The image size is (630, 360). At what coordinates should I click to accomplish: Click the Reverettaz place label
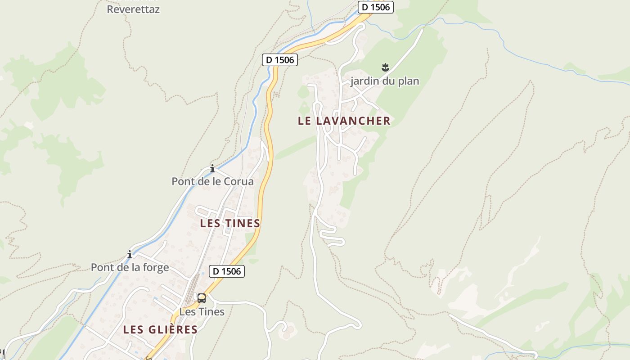133,9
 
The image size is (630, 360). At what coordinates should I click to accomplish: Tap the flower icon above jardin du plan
385,68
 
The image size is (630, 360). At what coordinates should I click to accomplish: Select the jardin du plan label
385,81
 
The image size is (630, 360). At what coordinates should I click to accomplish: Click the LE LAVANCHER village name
344,121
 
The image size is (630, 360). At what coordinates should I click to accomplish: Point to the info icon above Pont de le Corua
212,169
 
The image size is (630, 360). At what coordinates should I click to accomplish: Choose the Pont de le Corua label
212,181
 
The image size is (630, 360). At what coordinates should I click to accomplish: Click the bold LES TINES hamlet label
230,223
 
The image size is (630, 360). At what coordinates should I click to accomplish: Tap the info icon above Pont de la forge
130,254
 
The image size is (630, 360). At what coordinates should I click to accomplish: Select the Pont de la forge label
130,267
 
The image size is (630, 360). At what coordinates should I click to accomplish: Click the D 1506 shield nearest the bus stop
227,271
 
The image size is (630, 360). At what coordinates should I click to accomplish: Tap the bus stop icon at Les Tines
202,298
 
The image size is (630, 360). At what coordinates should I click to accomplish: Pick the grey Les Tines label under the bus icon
202,311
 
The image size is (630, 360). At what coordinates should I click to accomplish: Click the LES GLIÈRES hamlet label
160,329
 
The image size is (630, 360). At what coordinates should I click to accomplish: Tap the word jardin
364,81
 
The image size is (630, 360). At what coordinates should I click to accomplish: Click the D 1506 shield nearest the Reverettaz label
280,59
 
